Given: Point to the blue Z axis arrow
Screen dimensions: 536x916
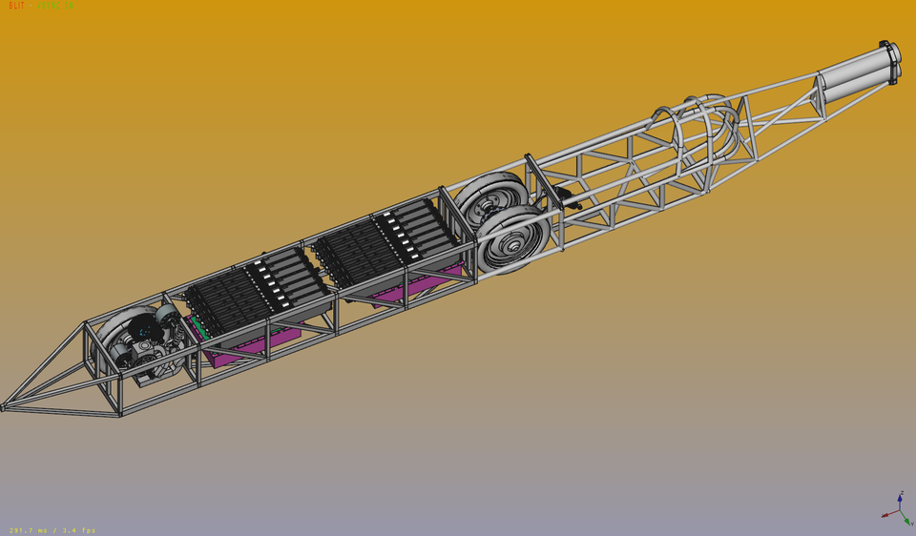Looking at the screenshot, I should [x=901, y=499].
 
